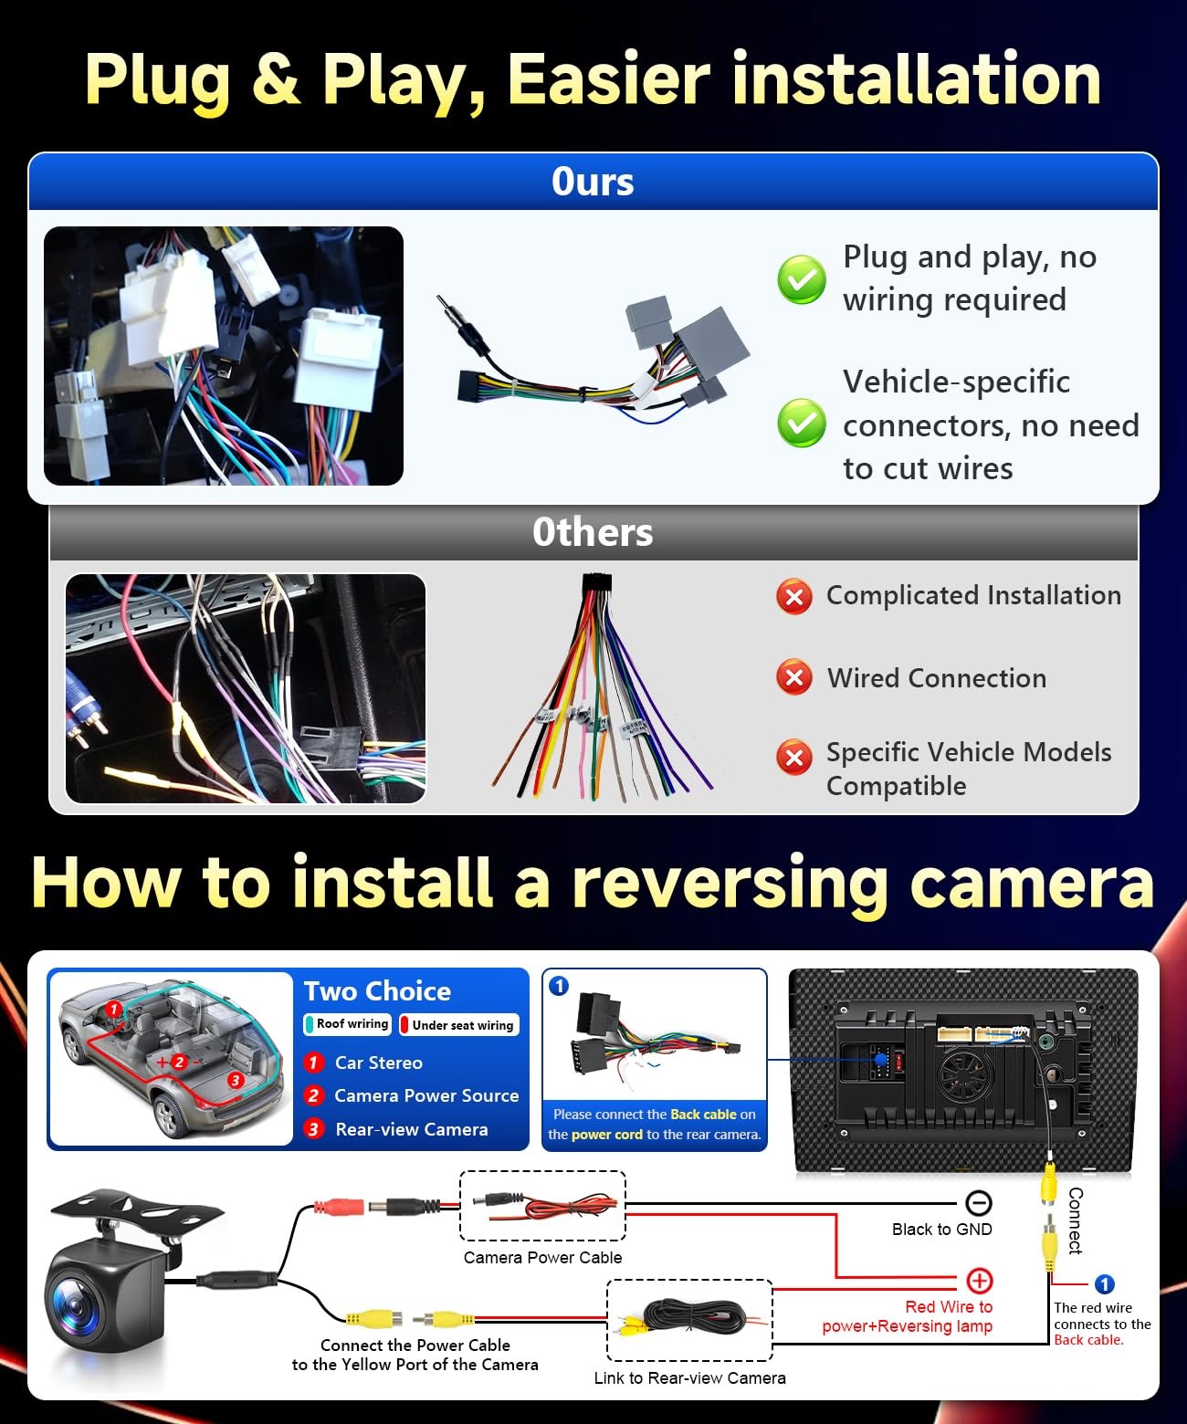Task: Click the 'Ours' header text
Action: click(593, 182)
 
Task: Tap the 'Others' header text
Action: click(593, 532)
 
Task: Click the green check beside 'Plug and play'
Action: click(802, 279)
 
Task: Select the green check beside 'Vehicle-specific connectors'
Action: click(802, 423)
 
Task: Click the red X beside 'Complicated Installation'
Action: click(794, 597)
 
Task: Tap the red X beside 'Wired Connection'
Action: click(794, 677)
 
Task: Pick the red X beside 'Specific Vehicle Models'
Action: click(794, 757)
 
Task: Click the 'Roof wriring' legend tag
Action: click(348, 1023)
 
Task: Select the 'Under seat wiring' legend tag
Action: click(459, 1025)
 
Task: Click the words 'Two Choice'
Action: click(377, 991)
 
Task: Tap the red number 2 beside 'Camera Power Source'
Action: click(313, 1096)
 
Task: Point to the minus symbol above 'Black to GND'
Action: click(979, 1203)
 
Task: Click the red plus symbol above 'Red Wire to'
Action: click(980, 1281)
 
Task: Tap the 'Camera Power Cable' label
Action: click(542, 1258)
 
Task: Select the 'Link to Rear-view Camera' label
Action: click(689, 1378)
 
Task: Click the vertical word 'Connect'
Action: click(1075, 1220)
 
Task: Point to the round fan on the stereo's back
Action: click(965, 1076)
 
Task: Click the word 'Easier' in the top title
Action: click(608, 79)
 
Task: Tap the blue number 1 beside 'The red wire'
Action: click(1105, 1284)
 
